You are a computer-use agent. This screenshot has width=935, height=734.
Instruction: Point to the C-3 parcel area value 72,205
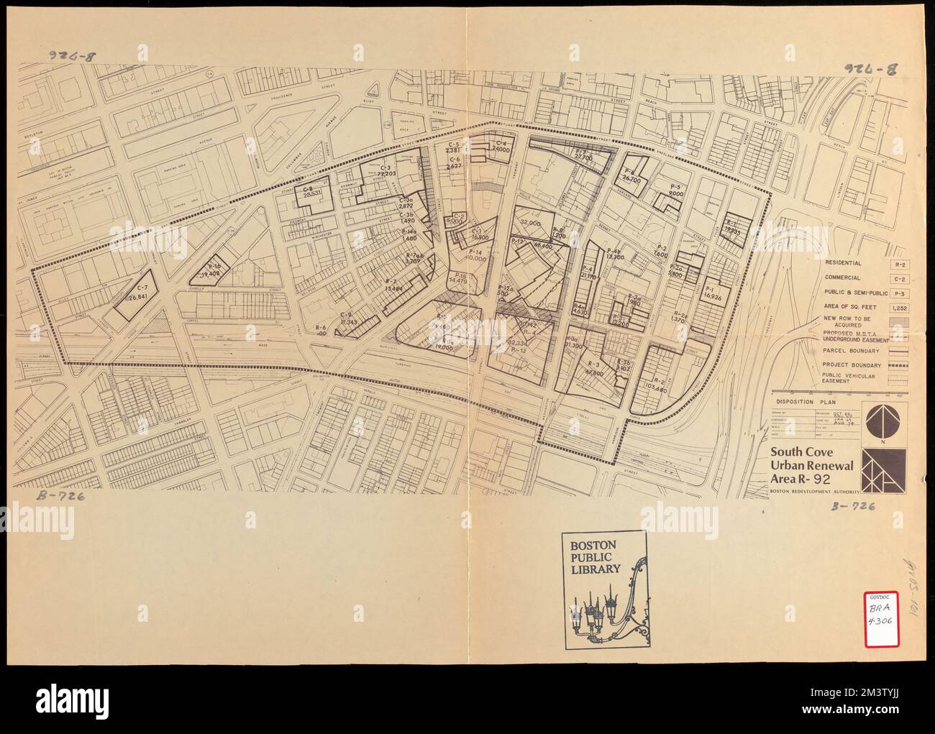(x=387, y=173)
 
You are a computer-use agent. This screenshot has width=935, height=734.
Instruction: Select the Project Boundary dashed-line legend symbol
(x=898, y=365)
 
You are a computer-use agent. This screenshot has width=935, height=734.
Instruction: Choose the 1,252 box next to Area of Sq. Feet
(x=898, y=307)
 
